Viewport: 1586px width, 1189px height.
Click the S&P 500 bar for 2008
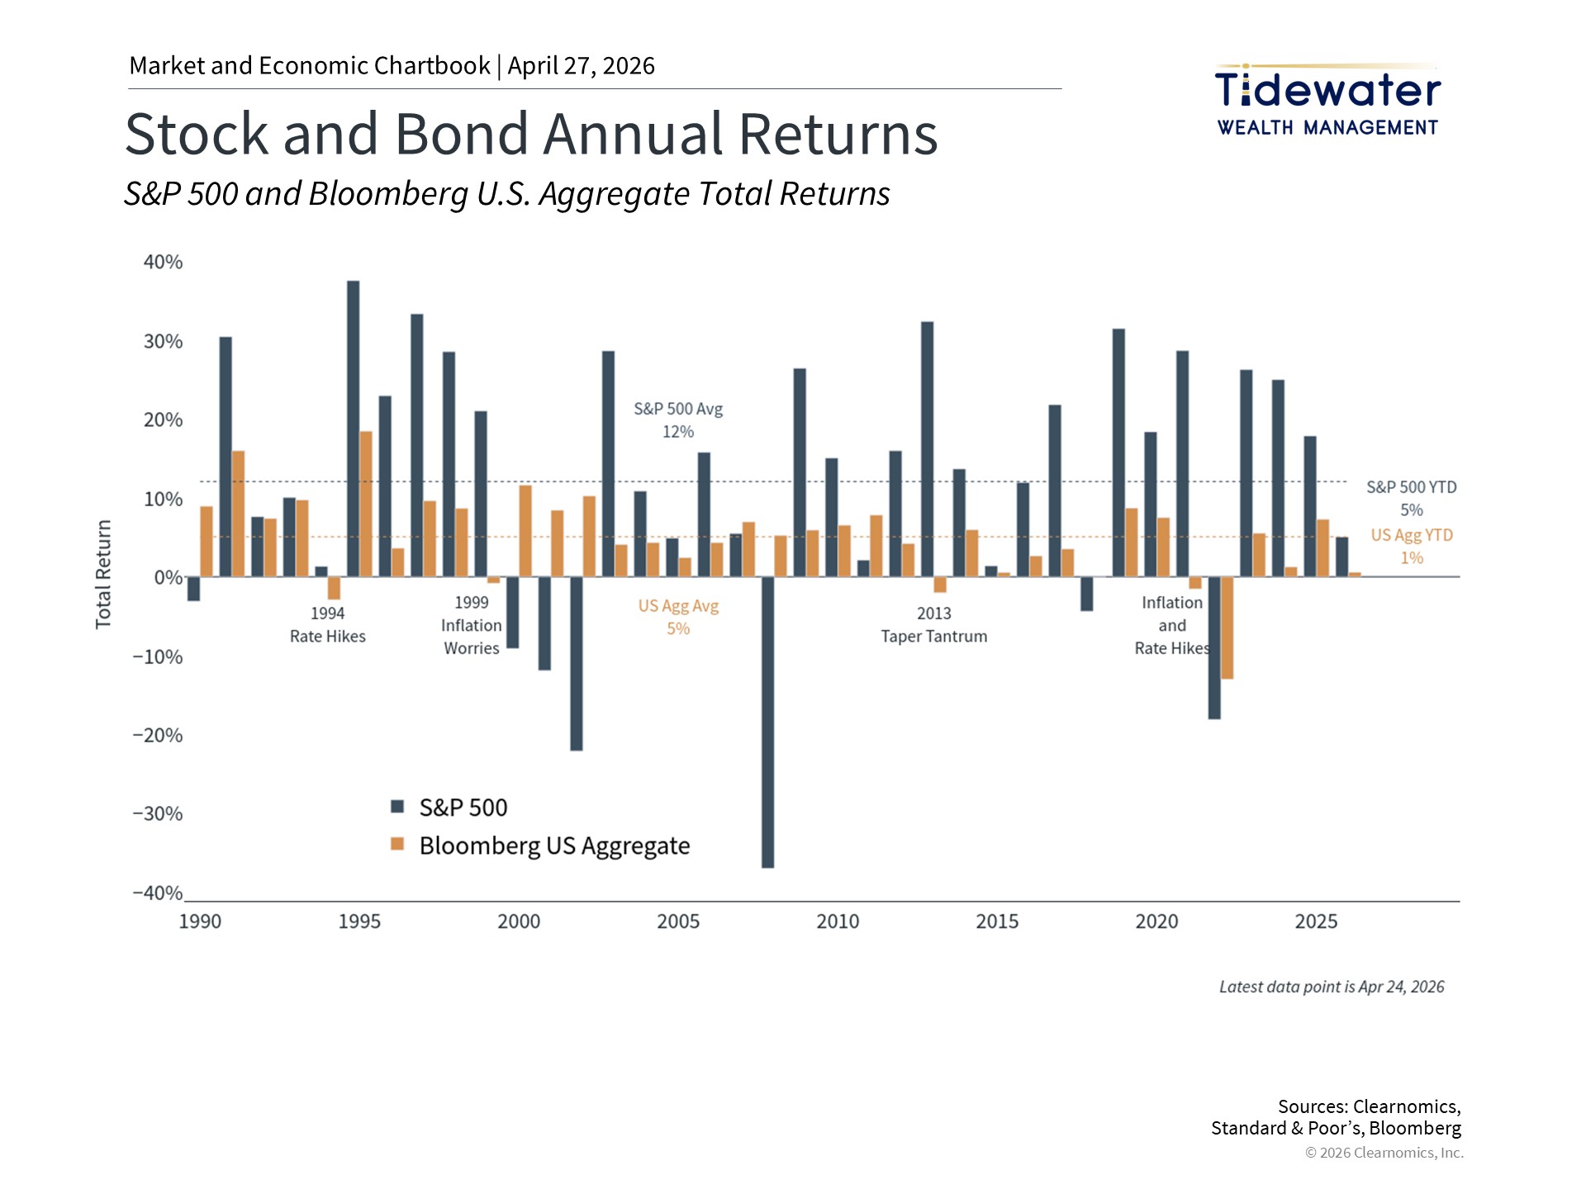(767, 722)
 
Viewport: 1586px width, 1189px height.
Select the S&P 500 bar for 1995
(353, 429)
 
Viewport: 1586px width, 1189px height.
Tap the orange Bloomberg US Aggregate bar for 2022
(1227, 628)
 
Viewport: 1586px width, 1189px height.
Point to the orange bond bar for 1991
(238, 514)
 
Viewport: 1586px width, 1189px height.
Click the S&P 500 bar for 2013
(927, 449)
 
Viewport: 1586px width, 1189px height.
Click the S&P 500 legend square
(397, 807)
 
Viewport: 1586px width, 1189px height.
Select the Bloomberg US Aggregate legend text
(554, 846)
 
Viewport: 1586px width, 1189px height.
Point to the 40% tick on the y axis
(163, 263)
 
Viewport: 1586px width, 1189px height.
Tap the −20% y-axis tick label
(158, 736)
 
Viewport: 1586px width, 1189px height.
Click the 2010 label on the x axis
(838, 921)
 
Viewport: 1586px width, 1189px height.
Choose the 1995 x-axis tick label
(359, 921)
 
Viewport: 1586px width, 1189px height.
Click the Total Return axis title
(103, 575)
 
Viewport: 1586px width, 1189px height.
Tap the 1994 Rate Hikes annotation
(327, 625)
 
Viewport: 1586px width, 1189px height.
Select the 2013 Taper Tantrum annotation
(933, 625)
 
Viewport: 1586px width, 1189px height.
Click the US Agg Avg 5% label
(678, 617)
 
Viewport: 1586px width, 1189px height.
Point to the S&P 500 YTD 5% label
(1411, 499)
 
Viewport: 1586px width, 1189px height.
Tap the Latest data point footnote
(1332, 987)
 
